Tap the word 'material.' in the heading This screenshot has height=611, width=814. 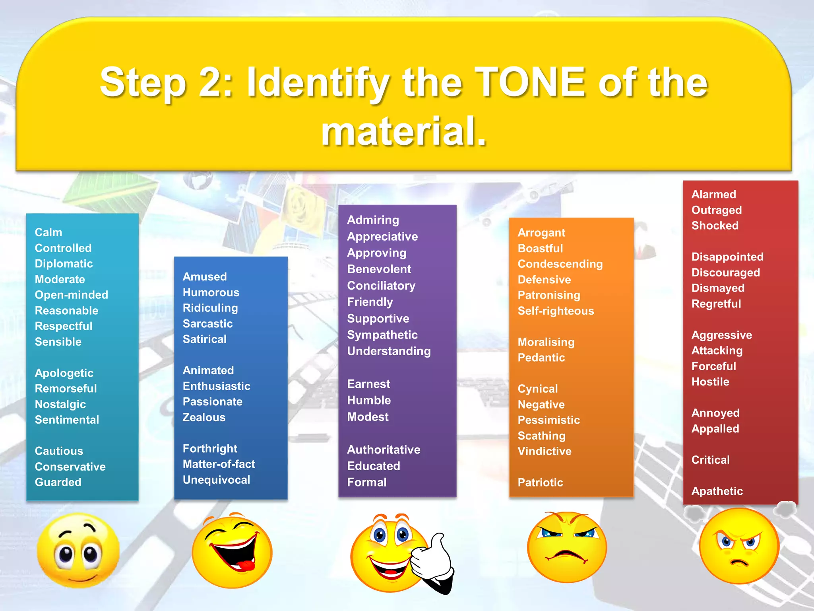(x=404, y=131)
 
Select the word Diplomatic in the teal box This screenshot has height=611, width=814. (x=64, y=264)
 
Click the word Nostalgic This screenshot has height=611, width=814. (x=60, y=404)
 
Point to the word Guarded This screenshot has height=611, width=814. (x=58, y=482)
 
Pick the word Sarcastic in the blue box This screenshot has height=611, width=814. (x=207, y=324)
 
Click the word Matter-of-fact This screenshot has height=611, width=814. (x=219, y=464)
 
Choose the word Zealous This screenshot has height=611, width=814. (x=204, y=417)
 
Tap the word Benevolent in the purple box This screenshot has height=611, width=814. (x=379, y=269)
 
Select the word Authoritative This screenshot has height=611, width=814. (x=384, y=449)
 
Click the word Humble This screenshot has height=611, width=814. (x=369, y=400)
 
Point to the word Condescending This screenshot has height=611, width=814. (x=560, y=264)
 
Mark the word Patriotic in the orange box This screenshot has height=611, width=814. (x=540, y=483)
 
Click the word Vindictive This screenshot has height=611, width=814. (x=545, y=451)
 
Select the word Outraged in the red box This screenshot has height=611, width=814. (x=716, y=210)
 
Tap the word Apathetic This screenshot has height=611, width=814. (x=717, y=491)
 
